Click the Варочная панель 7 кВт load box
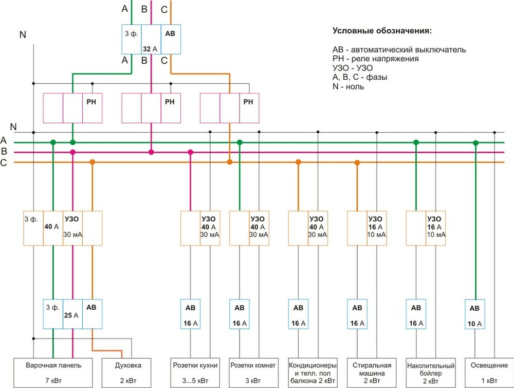coord(53,373)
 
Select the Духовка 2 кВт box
coord(126,373)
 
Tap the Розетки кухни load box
coord(194,373)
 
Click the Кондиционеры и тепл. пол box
coord(313,373)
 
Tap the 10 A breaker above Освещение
coord(474,314)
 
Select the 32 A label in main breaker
coord(150,49)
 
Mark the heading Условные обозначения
coord(382,31)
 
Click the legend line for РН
coord(375,59)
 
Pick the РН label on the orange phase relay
coord(248,102)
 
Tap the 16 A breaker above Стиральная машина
coord(357,314)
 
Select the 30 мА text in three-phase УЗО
coord(72,235)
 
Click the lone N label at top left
coord(22,34)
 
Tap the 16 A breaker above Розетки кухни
coord(190,314)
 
